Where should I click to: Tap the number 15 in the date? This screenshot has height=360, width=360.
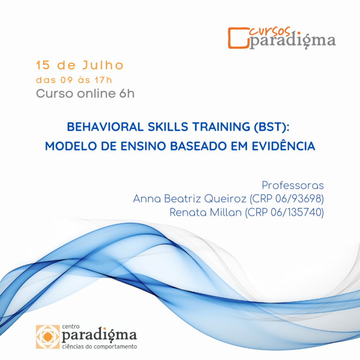point(43,65)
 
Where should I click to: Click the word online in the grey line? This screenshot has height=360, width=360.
point(92,93)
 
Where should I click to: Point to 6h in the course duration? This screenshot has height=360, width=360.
point(127,93)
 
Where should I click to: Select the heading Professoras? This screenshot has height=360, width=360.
point(292,185)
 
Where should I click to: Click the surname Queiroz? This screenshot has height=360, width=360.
point(226,199)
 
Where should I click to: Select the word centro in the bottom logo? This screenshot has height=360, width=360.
point(70,325)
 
